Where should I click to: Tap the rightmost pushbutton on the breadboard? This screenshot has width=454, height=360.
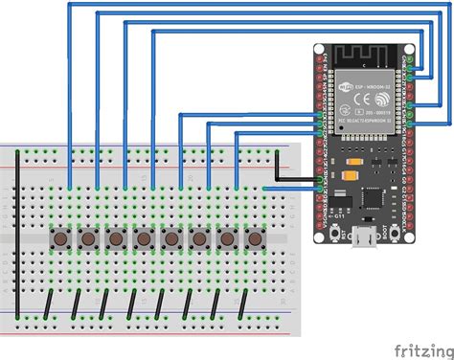256,237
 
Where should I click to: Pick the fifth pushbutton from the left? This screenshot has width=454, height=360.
172,237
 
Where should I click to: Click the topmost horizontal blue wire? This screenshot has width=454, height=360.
239,5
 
